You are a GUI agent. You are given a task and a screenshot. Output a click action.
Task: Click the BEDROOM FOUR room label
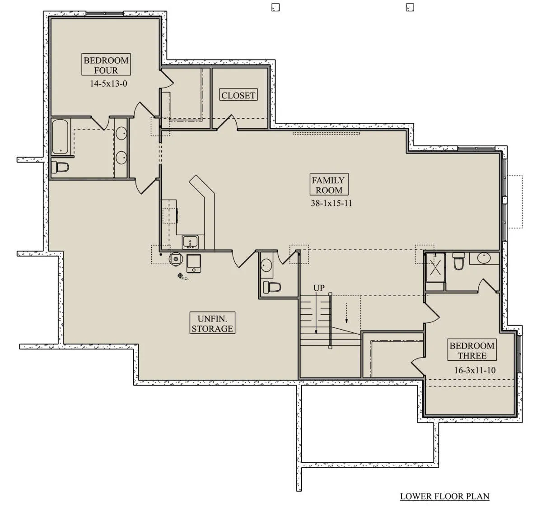[106, 65]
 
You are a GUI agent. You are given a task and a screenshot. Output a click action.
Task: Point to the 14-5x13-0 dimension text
[108, 84]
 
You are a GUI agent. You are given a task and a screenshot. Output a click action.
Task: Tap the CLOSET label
[238, 95]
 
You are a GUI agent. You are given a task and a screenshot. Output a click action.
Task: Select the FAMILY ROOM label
[328, 185]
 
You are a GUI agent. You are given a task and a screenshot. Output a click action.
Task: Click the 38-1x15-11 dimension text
[332, 203]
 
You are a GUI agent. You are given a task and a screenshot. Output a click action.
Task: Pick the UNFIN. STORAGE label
[212, 323]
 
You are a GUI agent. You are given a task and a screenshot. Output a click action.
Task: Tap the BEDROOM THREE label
[472, 351]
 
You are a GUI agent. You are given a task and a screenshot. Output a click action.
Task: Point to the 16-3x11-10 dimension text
[475, 370]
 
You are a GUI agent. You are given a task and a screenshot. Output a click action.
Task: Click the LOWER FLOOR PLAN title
[444, 496]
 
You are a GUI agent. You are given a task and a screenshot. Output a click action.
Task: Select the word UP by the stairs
[319, 288]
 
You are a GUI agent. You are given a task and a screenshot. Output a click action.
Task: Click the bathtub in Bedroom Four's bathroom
[60, 136]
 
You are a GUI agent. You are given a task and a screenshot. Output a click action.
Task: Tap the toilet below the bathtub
[60, 167]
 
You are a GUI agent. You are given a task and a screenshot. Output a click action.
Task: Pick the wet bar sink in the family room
[190, 242]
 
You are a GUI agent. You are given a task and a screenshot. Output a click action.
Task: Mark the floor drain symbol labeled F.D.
[180, 276]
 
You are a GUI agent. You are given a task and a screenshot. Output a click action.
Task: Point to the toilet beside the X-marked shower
[458, 261]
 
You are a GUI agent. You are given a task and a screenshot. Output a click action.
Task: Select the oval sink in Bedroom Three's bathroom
[484, 258]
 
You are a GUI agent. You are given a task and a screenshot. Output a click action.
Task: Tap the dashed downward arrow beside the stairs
[346, 313]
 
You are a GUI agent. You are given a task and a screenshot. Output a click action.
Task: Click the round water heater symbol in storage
[176, 258]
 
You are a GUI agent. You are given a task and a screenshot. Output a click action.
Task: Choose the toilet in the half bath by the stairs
[272, 287]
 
